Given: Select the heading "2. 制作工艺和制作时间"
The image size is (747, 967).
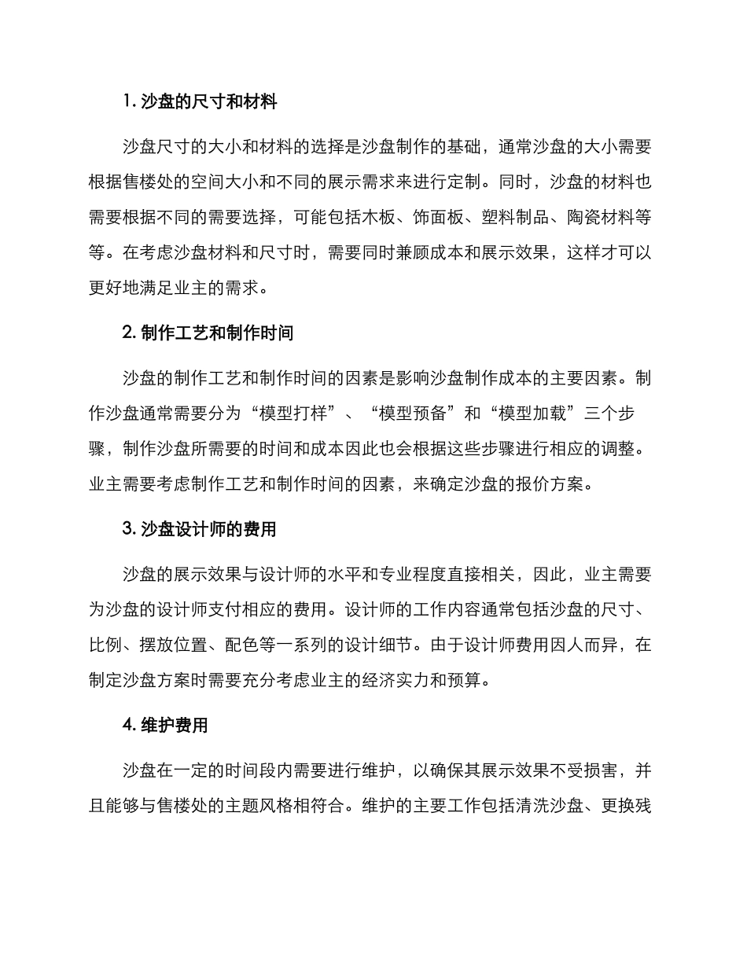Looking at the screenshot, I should tap(208, 333).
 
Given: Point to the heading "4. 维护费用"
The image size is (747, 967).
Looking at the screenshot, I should tap(165, 726).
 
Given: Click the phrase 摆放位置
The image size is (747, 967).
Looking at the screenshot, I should tap(180, 645).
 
